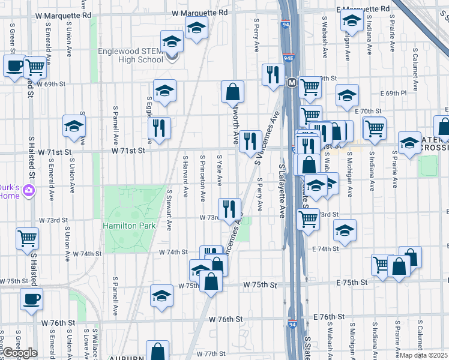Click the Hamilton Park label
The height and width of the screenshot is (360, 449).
click(129, 226)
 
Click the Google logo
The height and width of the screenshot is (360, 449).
click(19, 353)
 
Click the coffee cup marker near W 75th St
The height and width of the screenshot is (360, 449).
click(31, 299)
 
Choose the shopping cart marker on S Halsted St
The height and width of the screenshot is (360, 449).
click(28, 239)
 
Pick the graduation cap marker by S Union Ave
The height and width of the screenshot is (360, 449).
click(74, 126)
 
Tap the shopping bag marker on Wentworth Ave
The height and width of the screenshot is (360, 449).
click(232, 92)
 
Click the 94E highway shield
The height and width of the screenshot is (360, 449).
click(288, 59)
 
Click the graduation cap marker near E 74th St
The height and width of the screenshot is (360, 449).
click(345, 230)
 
